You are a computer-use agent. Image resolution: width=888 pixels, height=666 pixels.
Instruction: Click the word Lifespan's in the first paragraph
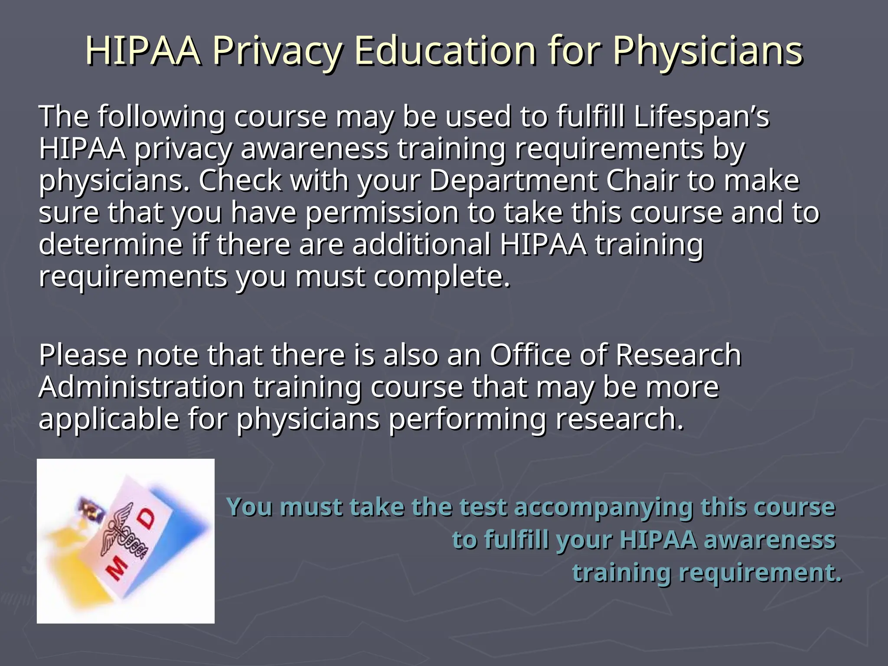(701, 117)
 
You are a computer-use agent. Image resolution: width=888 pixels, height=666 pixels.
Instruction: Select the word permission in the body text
(382, 213)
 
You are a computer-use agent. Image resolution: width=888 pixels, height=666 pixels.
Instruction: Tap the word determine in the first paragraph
(111, 244)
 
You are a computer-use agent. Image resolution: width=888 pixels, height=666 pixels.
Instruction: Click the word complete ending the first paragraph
(442, 277)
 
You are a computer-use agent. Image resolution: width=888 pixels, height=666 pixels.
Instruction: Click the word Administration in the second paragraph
(141, 387)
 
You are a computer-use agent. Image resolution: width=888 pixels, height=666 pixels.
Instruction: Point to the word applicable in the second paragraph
(109, 419)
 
